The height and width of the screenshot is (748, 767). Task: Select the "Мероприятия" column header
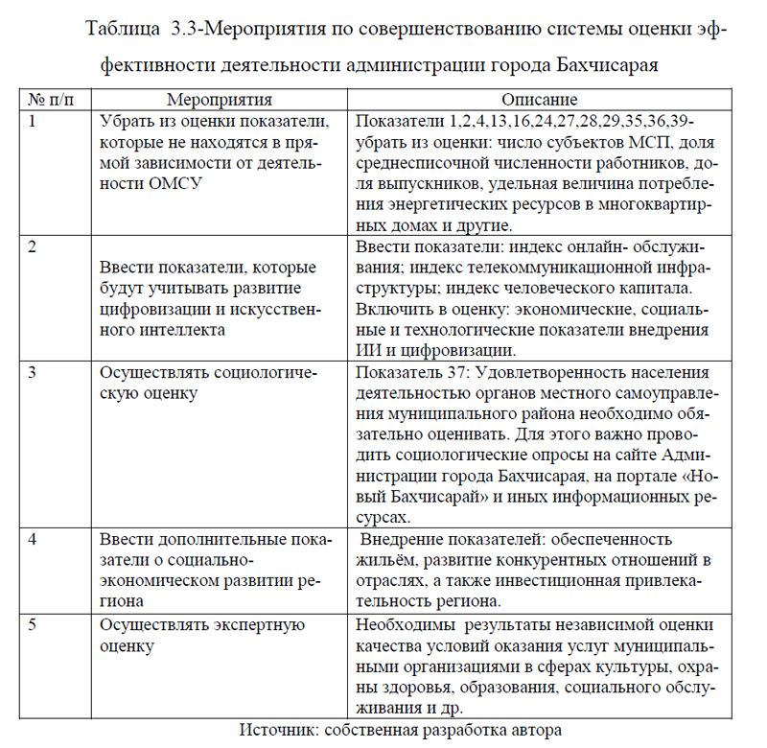click(220, 100)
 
